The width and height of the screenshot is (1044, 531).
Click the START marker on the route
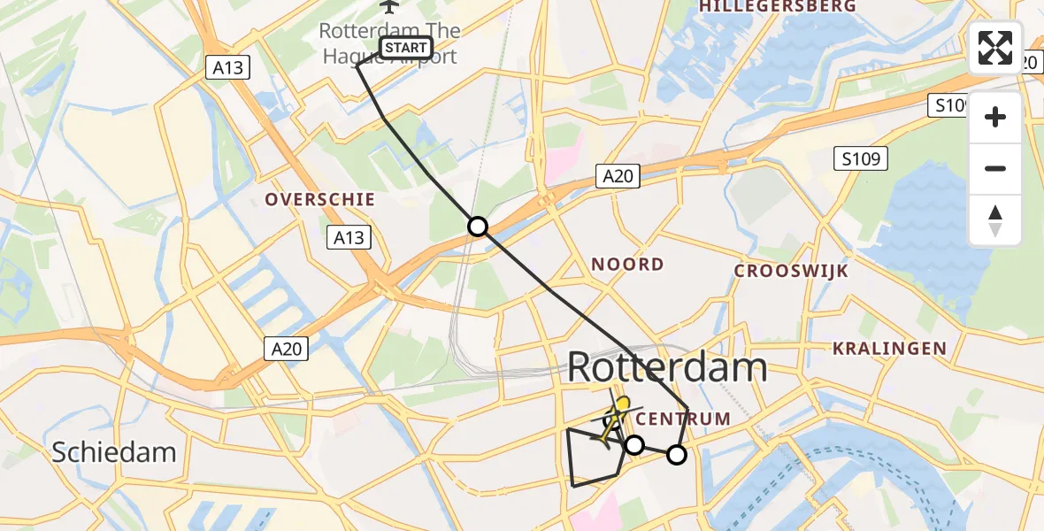tap(406, 47)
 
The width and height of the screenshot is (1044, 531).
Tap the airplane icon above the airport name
tap(388, 6)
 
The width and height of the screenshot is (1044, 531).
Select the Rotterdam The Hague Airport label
tap(389, 43)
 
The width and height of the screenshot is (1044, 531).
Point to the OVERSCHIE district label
tap(320, 200)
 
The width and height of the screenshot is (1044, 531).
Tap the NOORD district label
tap(627, 264)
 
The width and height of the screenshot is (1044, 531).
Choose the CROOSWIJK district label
tap(792, 271)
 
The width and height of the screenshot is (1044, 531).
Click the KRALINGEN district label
tap(889, 349)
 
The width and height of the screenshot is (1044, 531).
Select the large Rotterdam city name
tap(666, 366)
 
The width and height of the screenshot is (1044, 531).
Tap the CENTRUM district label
tap(683, 419)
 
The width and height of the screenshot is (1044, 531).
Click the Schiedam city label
tap(113, 452)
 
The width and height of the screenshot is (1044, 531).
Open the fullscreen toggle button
tap(995, 48)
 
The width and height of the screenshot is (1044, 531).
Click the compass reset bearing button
tap(995, 220)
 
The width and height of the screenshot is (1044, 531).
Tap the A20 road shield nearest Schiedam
tap(287, 350)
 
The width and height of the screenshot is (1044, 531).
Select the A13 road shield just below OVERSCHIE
tap(349, 237)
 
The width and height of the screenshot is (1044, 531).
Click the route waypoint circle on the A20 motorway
tap(478, 227)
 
